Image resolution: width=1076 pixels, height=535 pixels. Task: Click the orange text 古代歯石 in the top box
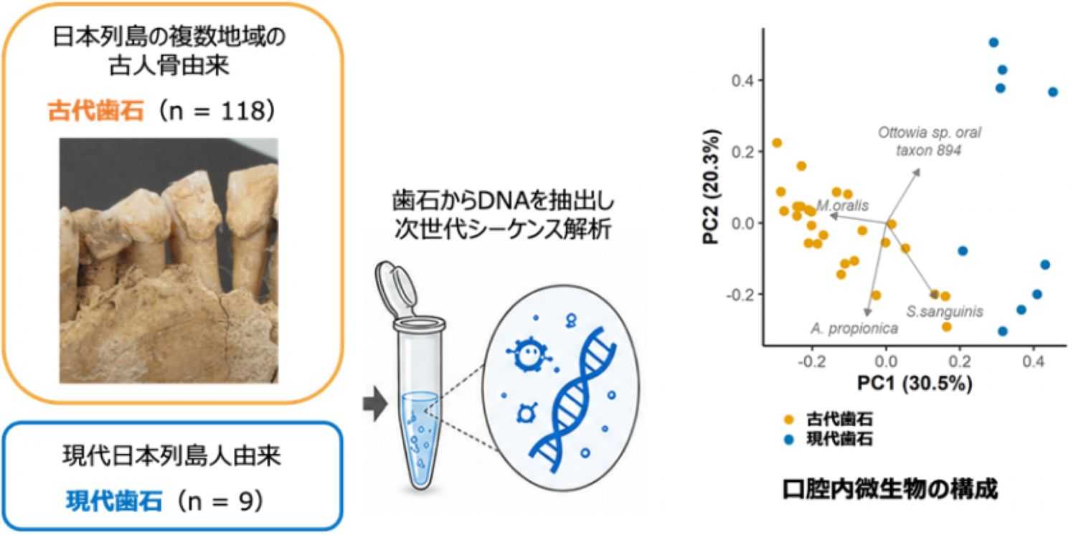tap(96, 111)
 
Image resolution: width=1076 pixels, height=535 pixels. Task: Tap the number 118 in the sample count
tap(243, 111)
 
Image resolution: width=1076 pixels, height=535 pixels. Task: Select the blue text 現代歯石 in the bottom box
tap(114, 501)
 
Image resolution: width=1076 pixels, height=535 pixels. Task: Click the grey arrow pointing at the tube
tap(375, 404)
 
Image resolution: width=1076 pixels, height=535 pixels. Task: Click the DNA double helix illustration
tap(573, 399)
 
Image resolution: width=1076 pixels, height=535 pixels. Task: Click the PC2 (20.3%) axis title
tap(712, 186)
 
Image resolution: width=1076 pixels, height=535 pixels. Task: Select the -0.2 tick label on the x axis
tap(811, 361)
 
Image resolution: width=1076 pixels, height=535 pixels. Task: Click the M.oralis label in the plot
tap(843, 206)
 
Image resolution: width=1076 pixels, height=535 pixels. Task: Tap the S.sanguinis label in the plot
tap(945, 312)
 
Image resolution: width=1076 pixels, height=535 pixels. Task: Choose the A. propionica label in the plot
tap(854, 328)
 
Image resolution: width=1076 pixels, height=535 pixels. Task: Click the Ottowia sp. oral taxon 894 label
tap(929, 141)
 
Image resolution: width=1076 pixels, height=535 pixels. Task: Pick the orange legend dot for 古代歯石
tap(789, 420)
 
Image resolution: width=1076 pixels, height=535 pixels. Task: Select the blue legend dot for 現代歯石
tap(789, 439)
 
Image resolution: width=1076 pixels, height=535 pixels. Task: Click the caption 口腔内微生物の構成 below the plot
tap(890, 490)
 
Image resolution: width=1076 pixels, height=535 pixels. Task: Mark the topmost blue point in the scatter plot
tap(994, 43)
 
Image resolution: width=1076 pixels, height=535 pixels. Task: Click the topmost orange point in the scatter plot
tap(777, 143)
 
